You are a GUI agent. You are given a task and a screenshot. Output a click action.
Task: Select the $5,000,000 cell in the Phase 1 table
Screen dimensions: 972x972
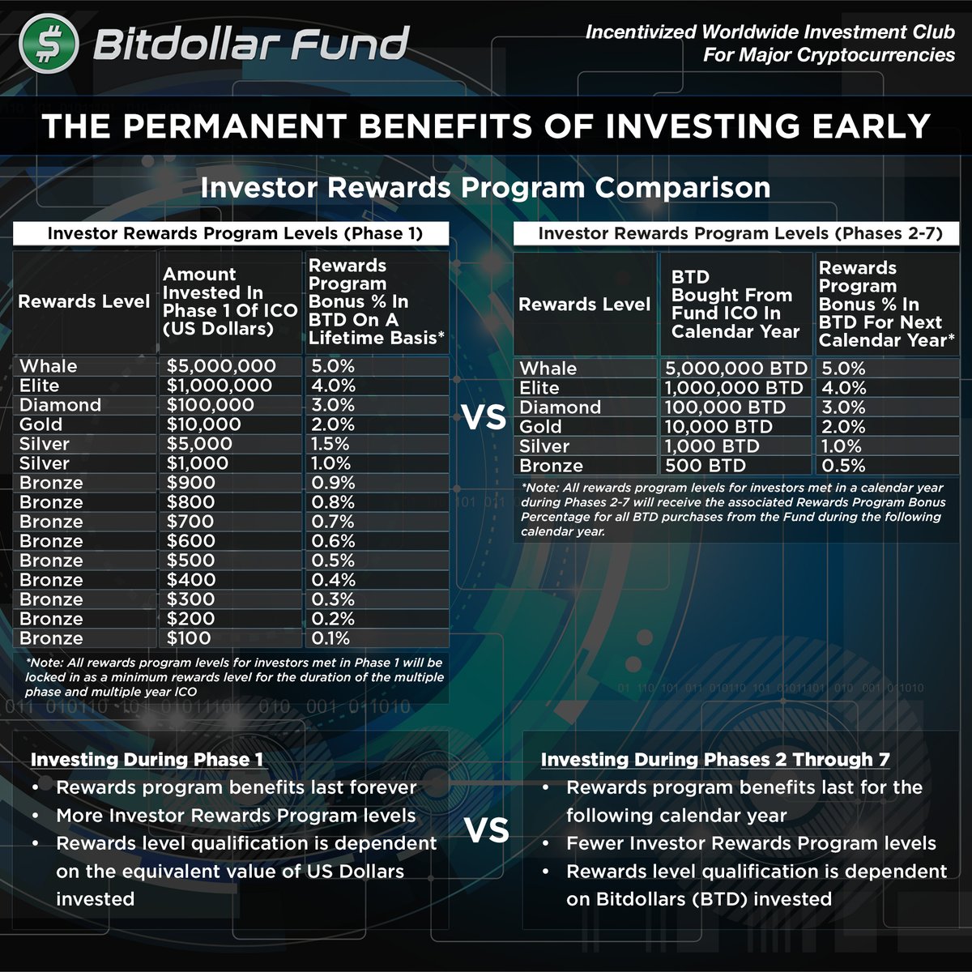coord(221,366)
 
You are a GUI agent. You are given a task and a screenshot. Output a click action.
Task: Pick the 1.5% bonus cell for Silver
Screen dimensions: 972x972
coord(330,444)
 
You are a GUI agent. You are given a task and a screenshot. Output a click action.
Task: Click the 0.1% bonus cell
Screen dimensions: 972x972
coord(330,638)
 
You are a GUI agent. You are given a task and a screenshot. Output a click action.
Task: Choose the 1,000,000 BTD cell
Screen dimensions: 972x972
coord(734,388)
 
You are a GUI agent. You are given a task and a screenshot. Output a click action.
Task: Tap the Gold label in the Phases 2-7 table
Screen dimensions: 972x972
coord(540,427)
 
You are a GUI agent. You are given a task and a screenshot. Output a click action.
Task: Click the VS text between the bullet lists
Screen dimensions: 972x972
coord(486,831)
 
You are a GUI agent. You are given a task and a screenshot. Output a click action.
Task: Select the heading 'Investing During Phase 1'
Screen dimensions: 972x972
coord(147,760)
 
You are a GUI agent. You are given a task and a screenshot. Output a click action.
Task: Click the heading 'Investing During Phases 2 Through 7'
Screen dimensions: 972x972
coord(715,760)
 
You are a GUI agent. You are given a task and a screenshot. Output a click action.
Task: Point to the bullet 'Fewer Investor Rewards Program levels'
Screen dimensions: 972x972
coord(751,844)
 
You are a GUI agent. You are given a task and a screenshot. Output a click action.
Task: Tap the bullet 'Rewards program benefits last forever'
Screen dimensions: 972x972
coord(236,787)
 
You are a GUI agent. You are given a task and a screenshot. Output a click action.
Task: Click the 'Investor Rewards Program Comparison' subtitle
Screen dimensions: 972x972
coord(485,188)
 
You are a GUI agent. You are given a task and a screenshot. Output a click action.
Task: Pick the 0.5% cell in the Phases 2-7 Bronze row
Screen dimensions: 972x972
coord(843,466)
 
